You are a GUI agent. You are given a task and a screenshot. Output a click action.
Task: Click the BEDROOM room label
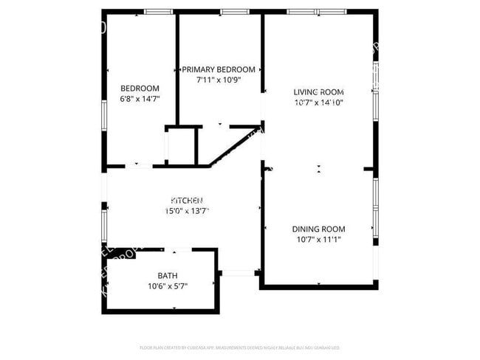pos(140,89)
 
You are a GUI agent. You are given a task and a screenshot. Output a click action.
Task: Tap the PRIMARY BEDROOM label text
pos(219,69)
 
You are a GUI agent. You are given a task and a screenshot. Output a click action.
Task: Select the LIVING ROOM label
pos(319,92)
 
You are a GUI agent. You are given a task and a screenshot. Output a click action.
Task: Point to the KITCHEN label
pos(187,200)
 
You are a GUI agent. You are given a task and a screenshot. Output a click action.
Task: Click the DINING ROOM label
pos(319,229)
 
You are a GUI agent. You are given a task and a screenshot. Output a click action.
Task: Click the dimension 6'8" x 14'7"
pos(140,98)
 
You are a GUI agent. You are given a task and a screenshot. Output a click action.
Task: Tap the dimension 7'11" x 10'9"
pos(219,79)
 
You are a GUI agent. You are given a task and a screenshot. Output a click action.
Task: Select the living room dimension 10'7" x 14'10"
pos(319,103)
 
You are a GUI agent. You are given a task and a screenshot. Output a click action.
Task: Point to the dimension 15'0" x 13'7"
pos(187,211)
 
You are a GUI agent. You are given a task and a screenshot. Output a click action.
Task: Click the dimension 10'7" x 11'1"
pos(319,240)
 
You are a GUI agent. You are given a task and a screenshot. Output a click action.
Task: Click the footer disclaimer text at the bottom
pos(239,347)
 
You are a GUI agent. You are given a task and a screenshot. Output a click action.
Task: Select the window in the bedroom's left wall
pos(104,115)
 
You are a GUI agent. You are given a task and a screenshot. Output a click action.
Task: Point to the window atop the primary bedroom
pos(233,12)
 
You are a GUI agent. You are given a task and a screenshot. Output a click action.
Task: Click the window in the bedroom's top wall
pos(156,12)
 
